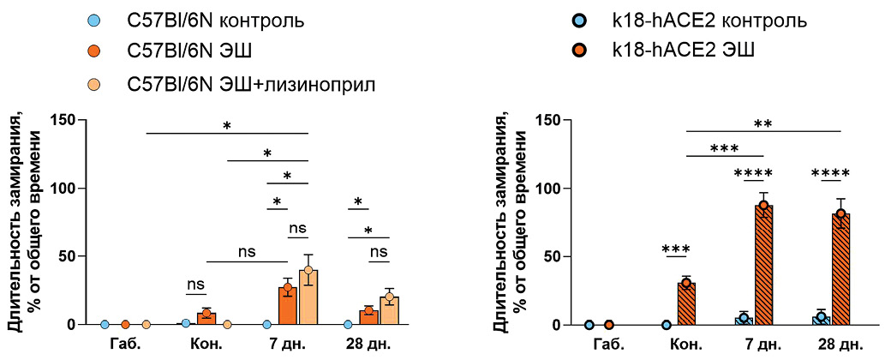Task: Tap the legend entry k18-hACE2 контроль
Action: point(697,19)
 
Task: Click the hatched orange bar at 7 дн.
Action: point(762,266)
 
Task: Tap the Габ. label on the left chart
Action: point(124,345)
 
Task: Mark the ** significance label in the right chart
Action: point(763,124)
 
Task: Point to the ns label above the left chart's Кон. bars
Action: point(196,285)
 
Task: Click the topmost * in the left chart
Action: point(227,127)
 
